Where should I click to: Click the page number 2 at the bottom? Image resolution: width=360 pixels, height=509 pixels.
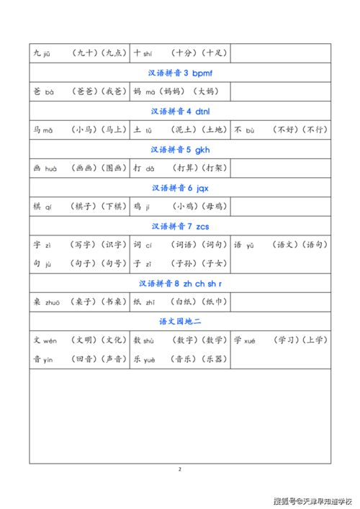tap(180, 469)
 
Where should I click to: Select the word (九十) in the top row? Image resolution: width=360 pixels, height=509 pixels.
tap(86, 53)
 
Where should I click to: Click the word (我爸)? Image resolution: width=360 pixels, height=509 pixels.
tap(114, 92)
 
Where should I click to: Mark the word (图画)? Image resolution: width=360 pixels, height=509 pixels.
tap(114, 168)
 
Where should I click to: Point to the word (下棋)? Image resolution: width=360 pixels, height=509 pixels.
tap(114, 207)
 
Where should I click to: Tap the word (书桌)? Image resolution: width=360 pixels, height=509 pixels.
tap(114, 302)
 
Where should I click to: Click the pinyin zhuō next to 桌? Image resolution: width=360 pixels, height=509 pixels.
tap(53, 303)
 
